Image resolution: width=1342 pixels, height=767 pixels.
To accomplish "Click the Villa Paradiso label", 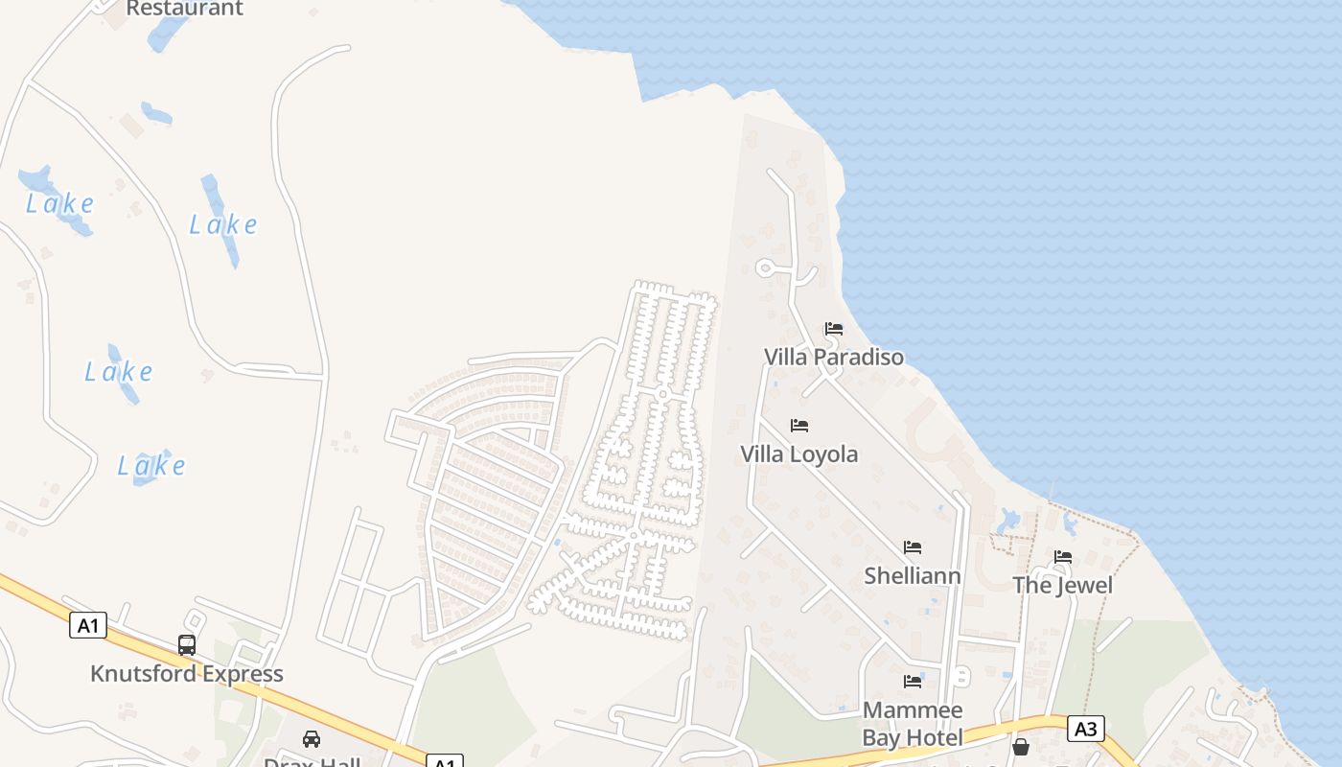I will click(833, 358).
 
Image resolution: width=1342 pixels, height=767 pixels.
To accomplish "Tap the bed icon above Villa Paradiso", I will click(833, 329).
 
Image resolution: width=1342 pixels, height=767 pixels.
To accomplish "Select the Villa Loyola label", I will click(798, 453).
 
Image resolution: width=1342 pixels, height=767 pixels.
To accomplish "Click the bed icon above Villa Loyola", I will click(798, 425).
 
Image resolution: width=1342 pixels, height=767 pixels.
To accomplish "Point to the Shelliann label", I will click(912, 575).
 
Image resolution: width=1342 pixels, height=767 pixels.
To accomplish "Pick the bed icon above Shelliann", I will click(912, 547).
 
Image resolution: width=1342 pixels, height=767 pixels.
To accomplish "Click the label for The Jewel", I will click(1062, 585).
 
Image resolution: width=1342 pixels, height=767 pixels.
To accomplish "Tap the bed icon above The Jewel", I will click(1062, 557).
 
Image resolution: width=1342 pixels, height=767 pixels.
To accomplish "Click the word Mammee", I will click(912, 710).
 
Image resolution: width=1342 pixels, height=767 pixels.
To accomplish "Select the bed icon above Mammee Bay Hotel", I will click(912, 682).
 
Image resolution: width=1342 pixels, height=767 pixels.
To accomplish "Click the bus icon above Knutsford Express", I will click(186, 645).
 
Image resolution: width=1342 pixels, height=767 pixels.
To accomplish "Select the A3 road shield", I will click(1085, 730).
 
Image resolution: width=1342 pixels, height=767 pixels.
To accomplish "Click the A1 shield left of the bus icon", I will click(87, 627).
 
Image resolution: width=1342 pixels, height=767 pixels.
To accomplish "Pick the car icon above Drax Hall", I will click(311, 738).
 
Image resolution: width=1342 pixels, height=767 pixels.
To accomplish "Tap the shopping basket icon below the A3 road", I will click(1020, 747).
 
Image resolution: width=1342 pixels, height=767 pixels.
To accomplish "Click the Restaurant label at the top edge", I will click(184, 9).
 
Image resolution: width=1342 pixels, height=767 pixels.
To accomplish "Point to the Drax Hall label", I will click(312, 761).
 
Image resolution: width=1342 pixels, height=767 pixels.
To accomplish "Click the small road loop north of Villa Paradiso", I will click(766, 267).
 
